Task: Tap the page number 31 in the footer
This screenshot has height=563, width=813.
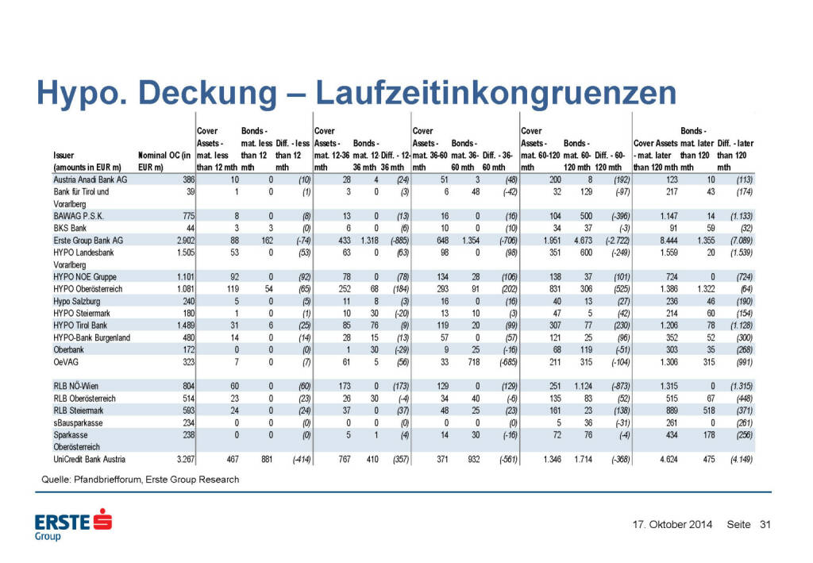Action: (x=765, y=524)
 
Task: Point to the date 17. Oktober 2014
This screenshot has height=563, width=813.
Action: (x=672, y=524)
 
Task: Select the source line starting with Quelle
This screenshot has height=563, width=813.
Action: (x=140, y=480)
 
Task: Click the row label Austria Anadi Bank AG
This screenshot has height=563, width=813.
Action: (x=91, y=180)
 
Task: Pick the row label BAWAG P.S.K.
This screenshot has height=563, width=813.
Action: (x=79, y=215)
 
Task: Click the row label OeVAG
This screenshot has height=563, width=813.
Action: (x=67, y=361)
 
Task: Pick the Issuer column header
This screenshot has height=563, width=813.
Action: (x=64, y=156)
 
